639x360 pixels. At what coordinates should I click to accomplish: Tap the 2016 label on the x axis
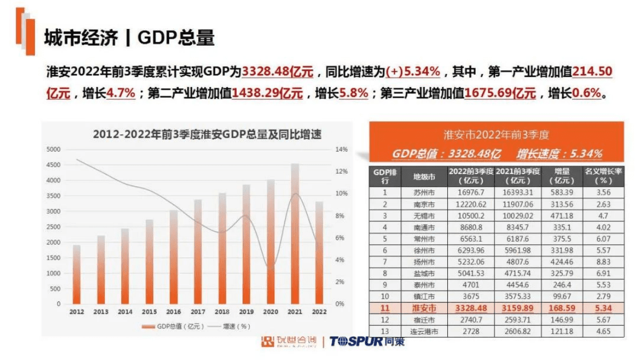pos(173,312)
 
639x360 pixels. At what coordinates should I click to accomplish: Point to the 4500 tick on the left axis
pos(54,165)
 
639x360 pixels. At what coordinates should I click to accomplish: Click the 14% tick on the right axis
pos(341,149)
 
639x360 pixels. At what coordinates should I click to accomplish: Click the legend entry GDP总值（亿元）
pos(173,326)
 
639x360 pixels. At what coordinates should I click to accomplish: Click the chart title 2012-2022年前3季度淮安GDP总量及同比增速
pos(207,134)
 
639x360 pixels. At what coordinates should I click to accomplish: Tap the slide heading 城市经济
pos(80,38)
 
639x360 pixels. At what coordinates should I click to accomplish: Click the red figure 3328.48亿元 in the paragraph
pos(278,71)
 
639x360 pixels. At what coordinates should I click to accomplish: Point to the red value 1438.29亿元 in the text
pos(267,93)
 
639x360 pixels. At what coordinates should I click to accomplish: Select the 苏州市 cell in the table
pos(424,192)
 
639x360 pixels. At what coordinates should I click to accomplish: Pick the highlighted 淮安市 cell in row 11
pos(424,308)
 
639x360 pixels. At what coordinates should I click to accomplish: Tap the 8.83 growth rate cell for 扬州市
pos(604,262)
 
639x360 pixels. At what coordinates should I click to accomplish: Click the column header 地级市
pos(424,176)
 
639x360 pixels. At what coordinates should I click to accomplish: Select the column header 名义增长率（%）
pos(604,176)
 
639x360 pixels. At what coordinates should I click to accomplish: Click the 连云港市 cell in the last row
pos(424,332)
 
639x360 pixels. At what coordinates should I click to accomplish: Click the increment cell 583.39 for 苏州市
pos(562,192)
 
